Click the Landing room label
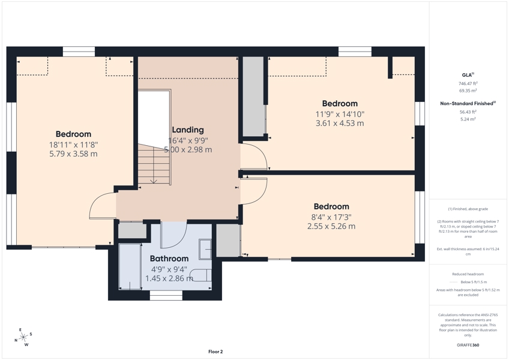(188, 130)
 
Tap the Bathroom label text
(169, 259)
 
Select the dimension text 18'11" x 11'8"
(73, 145)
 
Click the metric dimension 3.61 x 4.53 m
(340, 124)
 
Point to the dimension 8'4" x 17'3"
(331, 217)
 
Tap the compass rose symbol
(23, 337)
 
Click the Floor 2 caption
(215, 352)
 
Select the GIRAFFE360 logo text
(468, 345)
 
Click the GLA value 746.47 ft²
(468, 83)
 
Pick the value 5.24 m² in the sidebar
(468, 119)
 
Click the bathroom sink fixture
(205, 250)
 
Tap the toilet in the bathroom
(200, 275)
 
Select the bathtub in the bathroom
(130, 266)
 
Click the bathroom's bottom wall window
(166, 295)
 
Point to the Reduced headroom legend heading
(468, 274)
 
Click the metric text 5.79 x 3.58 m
(73, 154)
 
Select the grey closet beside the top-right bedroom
(253, 97)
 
